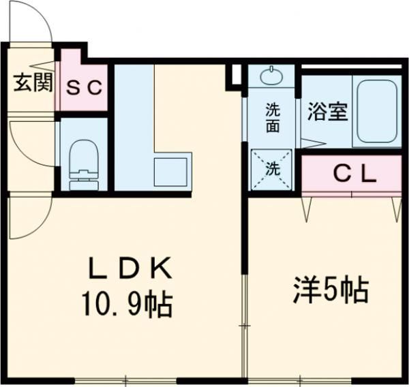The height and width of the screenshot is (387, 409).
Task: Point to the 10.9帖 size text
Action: [x=127, y=303]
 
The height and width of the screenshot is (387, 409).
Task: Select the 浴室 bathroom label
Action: [x=327, y=113]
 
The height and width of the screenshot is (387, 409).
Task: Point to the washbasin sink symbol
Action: [x=271, y=74]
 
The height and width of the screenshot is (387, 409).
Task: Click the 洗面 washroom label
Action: [x=272, y=115]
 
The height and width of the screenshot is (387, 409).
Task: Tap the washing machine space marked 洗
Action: [x=272, y=169]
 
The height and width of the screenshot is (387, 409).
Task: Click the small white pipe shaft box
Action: [x=235, y=75]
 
